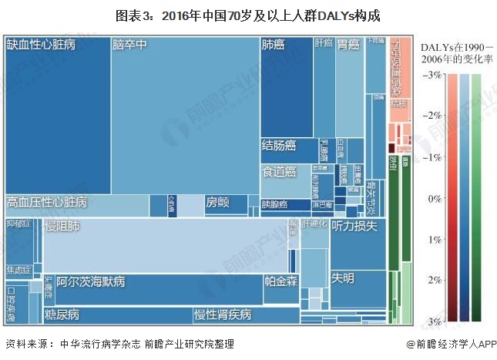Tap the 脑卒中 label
129,45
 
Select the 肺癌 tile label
273,45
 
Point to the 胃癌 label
348,45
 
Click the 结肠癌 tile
278,145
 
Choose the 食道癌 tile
278,171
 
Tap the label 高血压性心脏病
46,203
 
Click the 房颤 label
217,203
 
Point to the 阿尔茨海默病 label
96,281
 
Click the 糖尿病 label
62,315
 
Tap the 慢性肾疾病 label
222,315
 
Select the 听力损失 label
354,227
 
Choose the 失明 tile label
343,277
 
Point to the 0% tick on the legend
434,197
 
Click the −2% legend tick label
432,115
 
